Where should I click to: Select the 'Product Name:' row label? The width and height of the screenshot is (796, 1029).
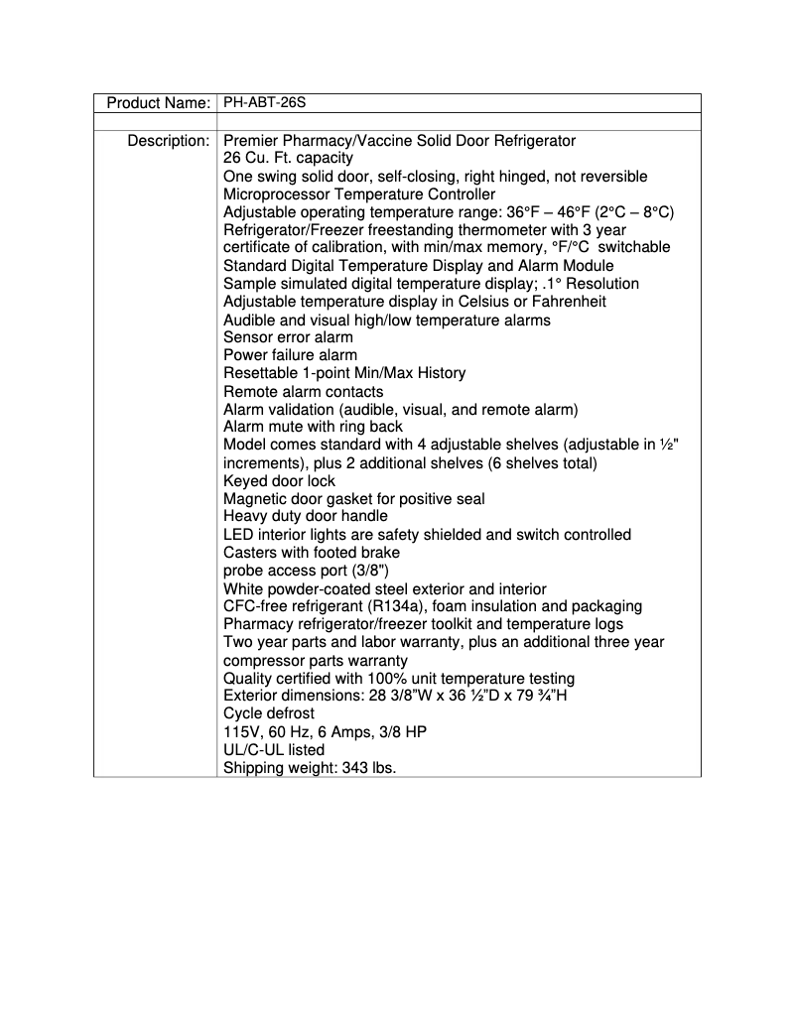pyautogui.click(x=158, y=102)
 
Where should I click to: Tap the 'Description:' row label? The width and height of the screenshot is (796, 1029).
pyautogui.click(x=168, y=141)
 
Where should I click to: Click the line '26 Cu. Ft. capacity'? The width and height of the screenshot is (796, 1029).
pyautogui.click(x=288, y=158)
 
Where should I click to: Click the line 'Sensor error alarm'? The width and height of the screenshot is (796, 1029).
pyautogui.click(x=288, y=337)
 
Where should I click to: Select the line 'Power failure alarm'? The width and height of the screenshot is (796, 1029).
pyautogui.click(x=290, y=355)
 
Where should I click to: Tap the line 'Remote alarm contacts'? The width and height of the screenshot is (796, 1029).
pyautogui.click(x=303, y=391)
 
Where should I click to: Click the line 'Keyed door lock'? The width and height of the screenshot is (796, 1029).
pyautogui.click(x=280, y=481)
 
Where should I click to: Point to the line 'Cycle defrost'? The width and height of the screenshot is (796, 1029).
pyautogui.click(x=268, y=713)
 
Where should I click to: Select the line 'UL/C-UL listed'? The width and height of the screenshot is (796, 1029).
pyautogui.click(x=274, y=749)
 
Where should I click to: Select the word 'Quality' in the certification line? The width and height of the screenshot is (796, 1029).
pyautogui.click(x=248, y=678)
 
